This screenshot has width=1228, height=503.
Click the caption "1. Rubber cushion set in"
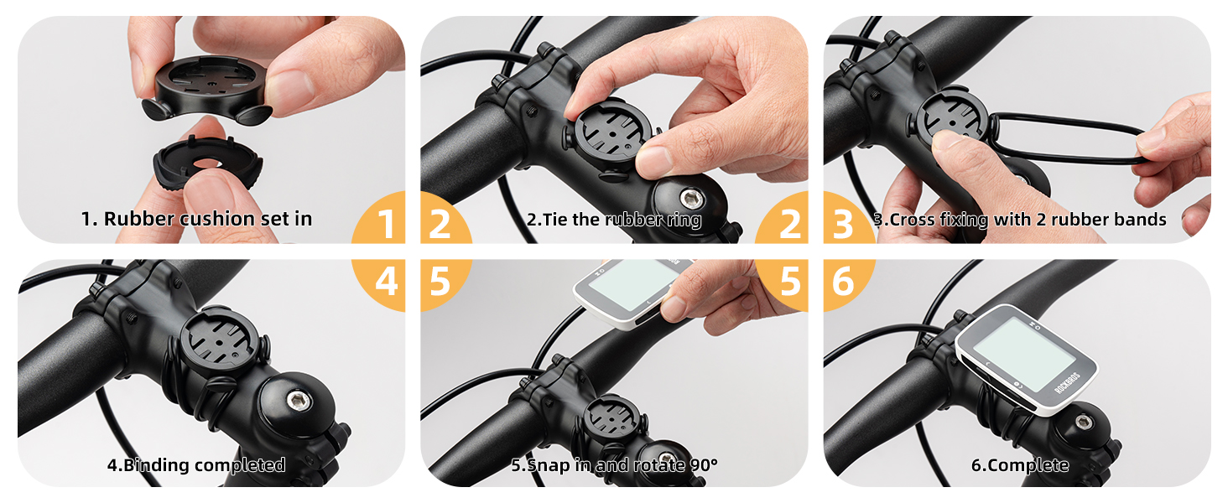pyautogui.click(x=196, y=219)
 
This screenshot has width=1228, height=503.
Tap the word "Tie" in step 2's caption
pyautogui.click(x=560, y=220)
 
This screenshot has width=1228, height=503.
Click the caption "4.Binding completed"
pyautogui.click(x=196, y=464)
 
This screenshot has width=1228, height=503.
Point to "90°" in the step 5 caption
pyautogui.click(x=700, y=464)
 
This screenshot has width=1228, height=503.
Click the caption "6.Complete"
pyautogui.click(x=1019, y=464)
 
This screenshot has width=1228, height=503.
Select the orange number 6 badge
pyautogui.click(x=843, y=283)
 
